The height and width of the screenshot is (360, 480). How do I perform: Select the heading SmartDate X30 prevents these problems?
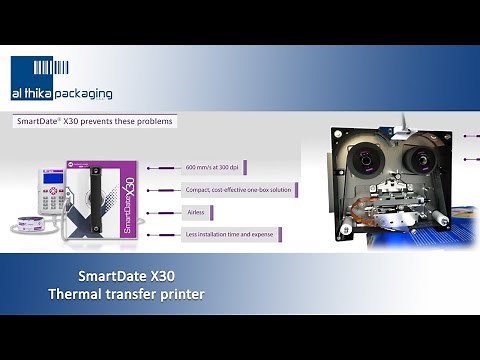(94, 121)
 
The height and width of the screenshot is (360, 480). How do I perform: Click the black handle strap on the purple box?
(95, 200)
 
